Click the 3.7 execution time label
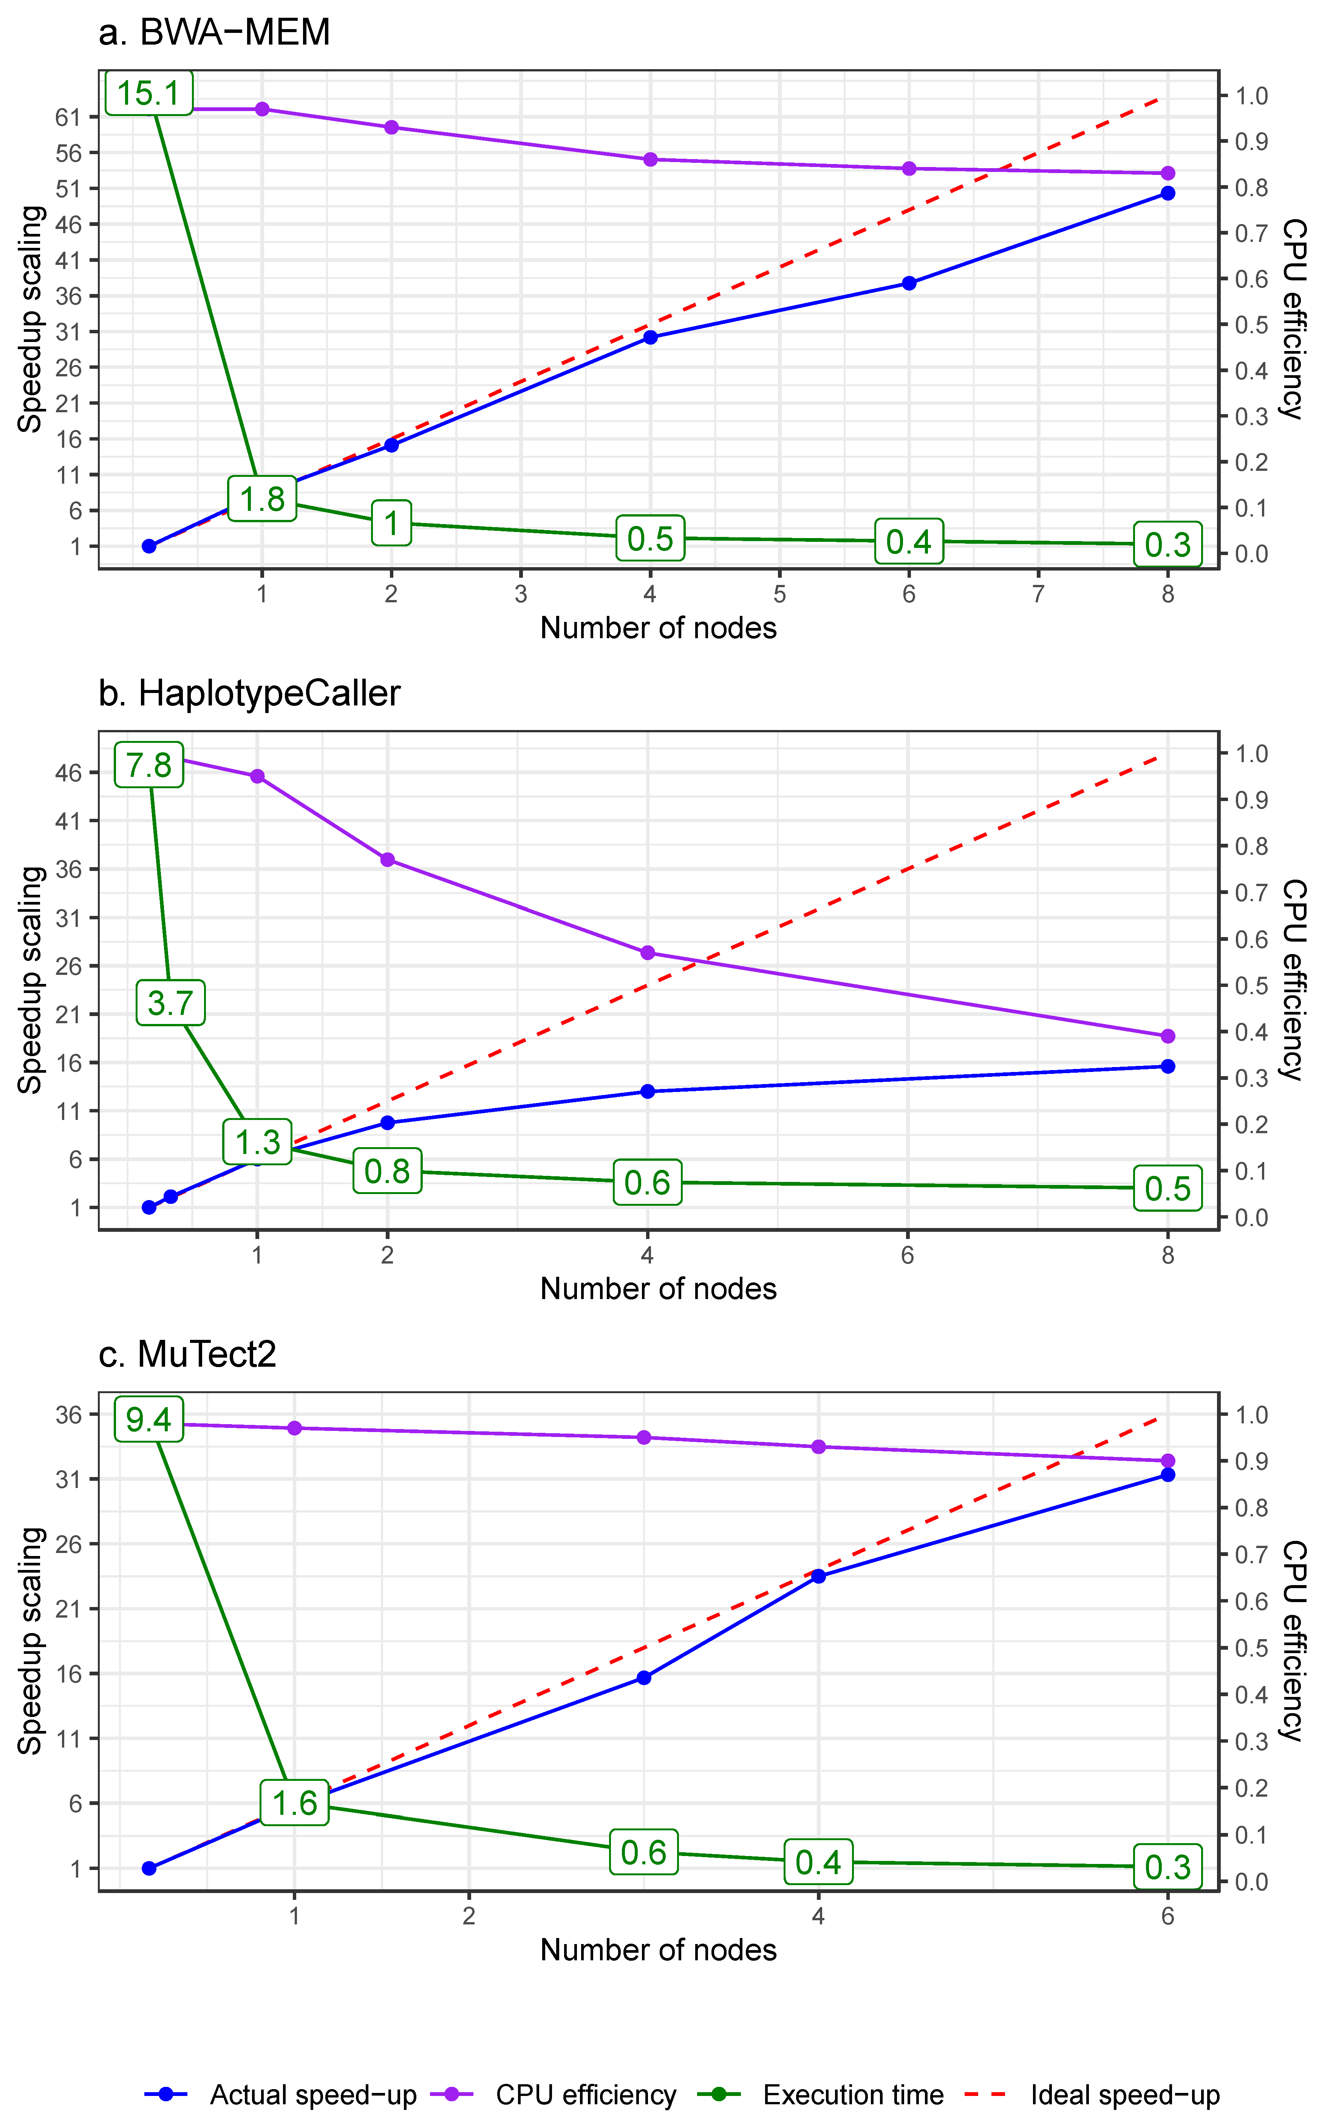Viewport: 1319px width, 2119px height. click(x=170, y=1002)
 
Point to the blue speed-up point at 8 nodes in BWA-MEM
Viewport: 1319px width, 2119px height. click(x=1167, y=194)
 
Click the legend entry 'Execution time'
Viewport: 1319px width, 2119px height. click(x=852, y=2094)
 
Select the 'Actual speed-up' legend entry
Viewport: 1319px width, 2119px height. click(x=312, y=2094)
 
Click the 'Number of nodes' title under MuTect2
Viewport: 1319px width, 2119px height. click(x=658, y=1950)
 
